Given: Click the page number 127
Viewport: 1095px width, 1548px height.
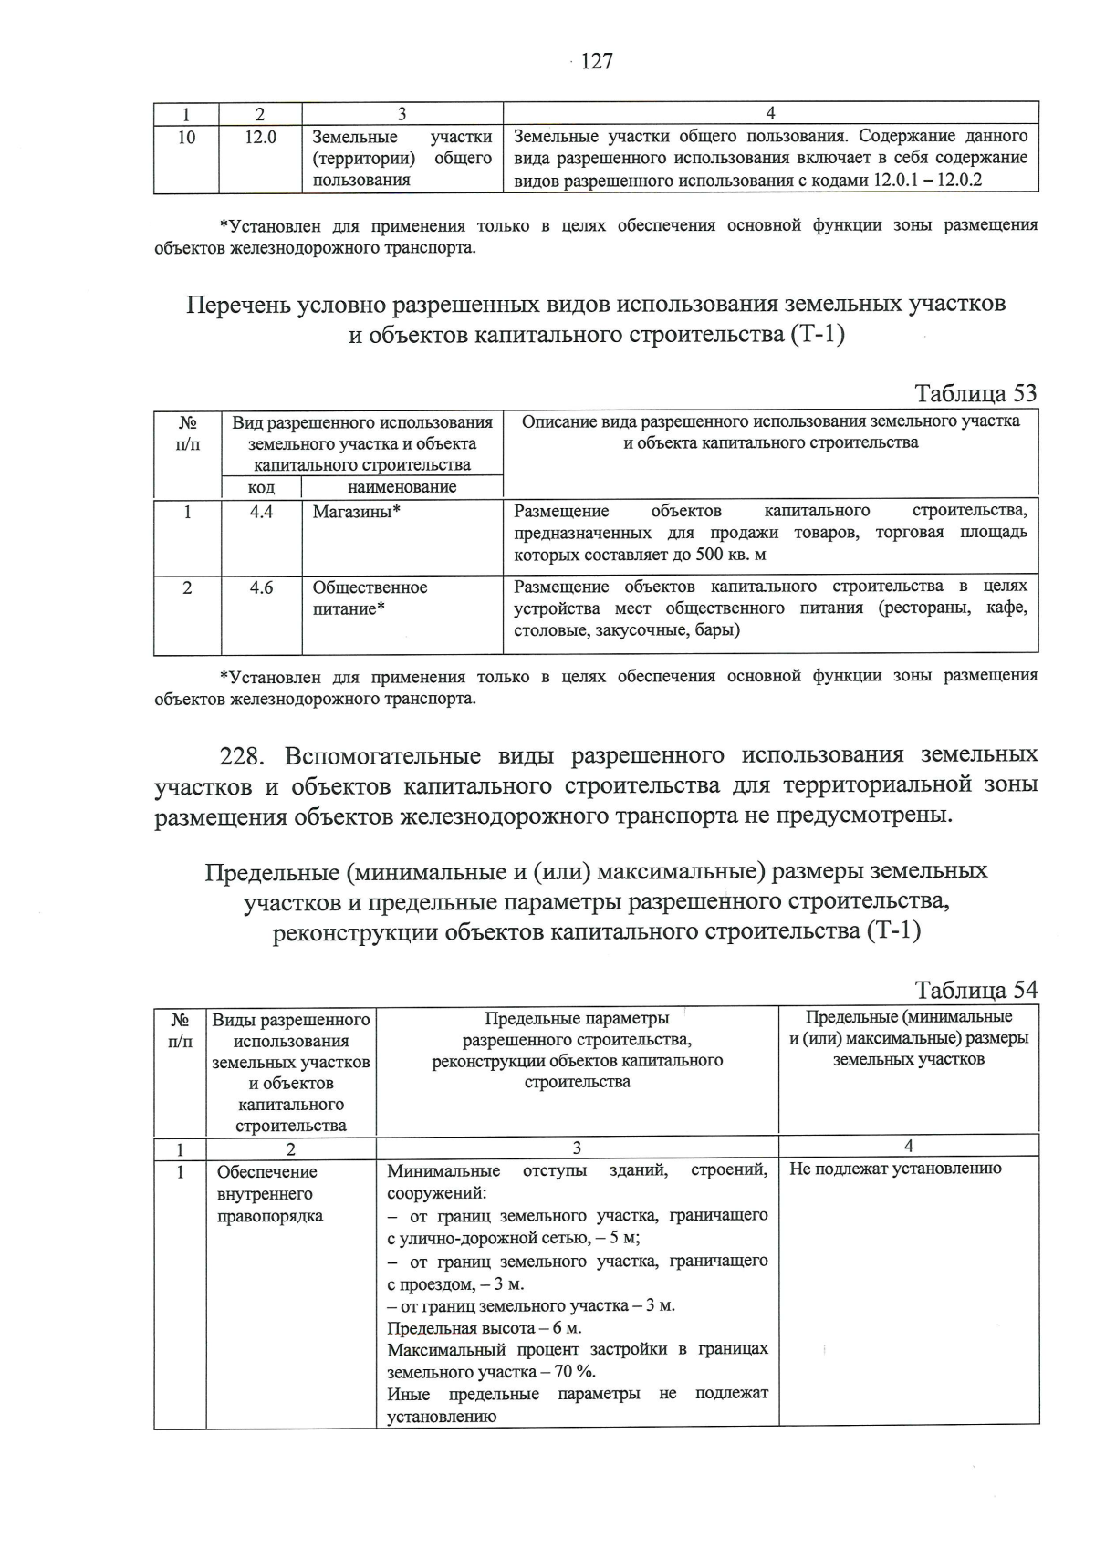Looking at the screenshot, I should coord(596,61).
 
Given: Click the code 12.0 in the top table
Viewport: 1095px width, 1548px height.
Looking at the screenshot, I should coord(260,137).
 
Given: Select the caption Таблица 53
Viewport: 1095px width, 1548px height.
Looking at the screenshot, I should coord(975,393).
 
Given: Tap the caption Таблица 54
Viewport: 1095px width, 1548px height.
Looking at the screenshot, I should coord(975,991).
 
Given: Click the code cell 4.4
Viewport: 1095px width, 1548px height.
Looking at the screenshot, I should coord(261,512).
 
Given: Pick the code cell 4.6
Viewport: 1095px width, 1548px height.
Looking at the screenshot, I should coord(261,587).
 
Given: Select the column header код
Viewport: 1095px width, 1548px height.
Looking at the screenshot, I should coord(261,487).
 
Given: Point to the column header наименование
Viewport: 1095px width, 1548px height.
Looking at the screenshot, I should coord(402,487).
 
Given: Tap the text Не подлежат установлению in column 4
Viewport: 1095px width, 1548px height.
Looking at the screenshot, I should coord(895,1169).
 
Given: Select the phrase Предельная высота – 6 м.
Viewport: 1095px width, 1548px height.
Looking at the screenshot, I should coord(485,1327).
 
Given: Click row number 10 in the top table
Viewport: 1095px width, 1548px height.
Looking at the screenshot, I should coord(186,137).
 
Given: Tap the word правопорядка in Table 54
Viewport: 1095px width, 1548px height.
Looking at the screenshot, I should coord(270,1216).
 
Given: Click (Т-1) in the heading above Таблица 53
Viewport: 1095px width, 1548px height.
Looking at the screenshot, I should coord(814,335).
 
